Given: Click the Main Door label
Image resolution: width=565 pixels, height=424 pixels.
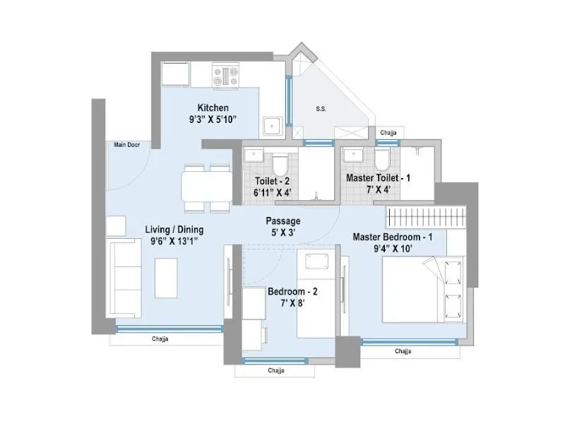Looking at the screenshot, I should click(x=127, y=145).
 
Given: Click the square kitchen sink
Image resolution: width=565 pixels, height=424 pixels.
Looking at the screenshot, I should click(x=271, y=126).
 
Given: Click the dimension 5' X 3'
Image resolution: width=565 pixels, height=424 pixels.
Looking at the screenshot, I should click(x=283, y=232).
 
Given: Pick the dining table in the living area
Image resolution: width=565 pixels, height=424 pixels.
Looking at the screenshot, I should click(x=206, y=188).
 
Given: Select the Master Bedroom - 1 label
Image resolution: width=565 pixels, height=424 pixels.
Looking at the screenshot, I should click(x=402, y=236).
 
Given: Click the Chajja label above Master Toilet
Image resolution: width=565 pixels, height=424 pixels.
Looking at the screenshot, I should click(x=388, y=133).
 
